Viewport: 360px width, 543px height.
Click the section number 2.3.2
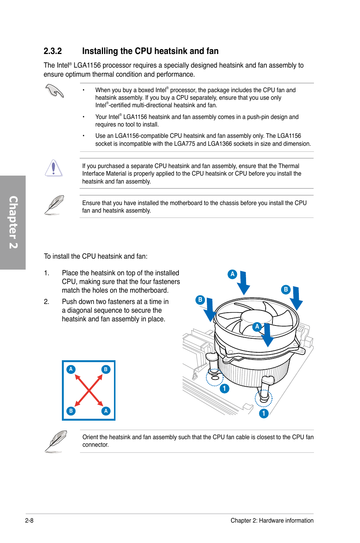[52, 51]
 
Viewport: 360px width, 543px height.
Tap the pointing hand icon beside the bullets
[55, 91]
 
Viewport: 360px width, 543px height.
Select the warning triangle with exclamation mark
[54, 168]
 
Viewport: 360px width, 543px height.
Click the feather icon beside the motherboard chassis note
[54, 205]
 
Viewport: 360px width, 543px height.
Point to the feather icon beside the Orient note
[56, 441]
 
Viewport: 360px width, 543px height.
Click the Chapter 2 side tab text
[13, 222]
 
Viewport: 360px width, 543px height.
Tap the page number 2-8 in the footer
[29, 520]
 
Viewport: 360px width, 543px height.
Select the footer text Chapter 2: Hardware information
[272, 520]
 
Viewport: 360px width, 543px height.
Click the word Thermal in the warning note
[289, 166]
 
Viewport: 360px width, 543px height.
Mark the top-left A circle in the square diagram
[71, 369]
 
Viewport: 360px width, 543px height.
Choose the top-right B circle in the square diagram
[106, 369]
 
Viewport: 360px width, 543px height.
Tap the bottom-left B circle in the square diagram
[71, 411]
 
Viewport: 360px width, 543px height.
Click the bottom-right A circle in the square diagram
[106, 411]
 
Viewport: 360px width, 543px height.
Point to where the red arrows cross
[89, 390]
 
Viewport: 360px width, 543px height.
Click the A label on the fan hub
[257, 327]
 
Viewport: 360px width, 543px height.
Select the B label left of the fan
[200, 300]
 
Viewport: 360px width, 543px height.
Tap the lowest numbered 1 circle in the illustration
[264, 413]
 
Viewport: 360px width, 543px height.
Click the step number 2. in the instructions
[46, 302]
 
